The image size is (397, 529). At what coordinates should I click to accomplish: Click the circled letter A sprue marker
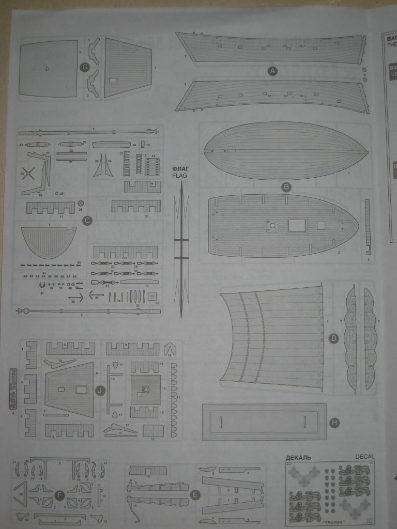(272, 71)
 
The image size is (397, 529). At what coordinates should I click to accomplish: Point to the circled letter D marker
(333, 339)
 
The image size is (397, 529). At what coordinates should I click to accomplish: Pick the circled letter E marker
(195, 495)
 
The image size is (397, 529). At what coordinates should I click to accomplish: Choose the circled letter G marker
(85, 67)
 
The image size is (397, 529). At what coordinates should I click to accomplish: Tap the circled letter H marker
(334, 423)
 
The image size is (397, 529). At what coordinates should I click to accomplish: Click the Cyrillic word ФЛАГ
(181, 168)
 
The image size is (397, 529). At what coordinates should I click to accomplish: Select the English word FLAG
(181, 176)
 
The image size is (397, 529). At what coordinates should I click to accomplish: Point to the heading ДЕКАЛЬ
(298, 457)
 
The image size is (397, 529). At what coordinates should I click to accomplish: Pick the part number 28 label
(80, 210)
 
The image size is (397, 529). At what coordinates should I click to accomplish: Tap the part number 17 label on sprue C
(147, 286)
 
